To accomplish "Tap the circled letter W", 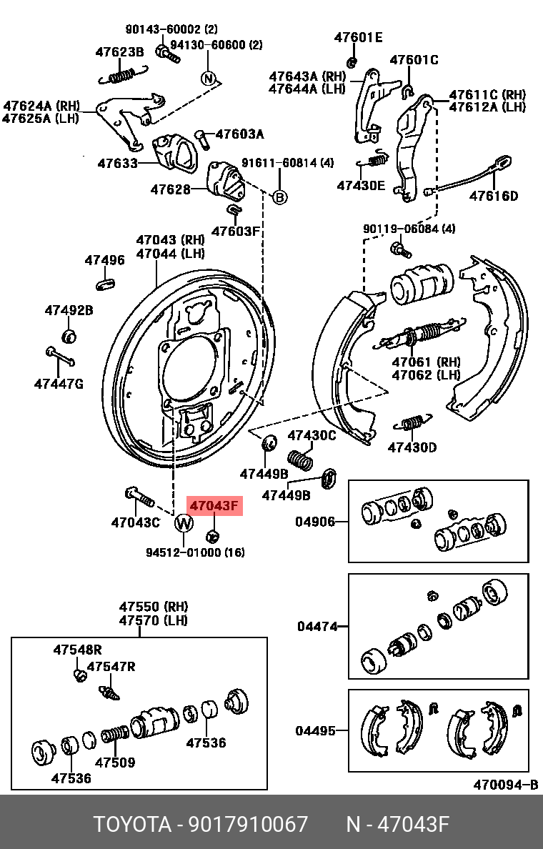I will click(x=184, y=524).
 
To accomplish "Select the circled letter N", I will click(x=208, y=78).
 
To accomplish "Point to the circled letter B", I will click(x=280, y=197).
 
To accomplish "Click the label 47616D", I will click(x=494, y=196).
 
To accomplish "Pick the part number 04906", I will click(x=315, y=522).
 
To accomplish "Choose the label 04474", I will click(x=317, y=627).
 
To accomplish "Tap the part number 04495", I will click(x=316, y=730).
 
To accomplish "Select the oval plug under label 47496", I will click(x=105, y=285).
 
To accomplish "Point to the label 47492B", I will click(x=69, y=310).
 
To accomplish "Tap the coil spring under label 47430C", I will click(x=301, y=459).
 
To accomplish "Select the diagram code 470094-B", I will click(x=505, y=785).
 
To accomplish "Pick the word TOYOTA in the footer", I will click(x=133, y=824).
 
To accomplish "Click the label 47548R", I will click(x=77, y=650).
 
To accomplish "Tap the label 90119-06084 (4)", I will click(x=409, y=229).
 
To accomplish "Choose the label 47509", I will click(x=115, y=762).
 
